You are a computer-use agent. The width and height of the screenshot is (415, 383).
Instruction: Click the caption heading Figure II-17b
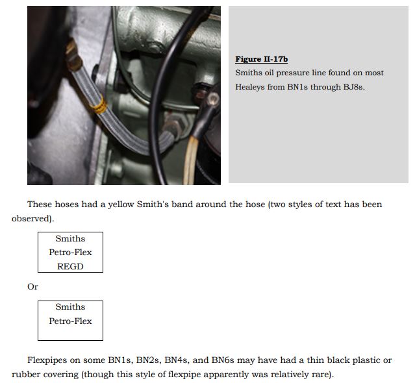(x=261, y=59)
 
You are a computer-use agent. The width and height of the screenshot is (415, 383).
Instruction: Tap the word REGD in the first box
(x=70, y=266)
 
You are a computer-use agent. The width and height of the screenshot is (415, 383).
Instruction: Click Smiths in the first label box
(x=70, y=238)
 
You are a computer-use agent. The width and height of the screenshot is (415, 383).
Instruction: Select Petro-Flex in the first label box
(x=70, y=253)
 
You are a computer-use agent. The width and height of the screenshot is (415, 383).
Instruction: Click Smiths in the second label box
(x=70, y=306)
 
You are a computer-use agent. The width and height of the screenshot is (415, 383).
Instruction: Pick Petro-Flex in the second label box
(x=70, y=321)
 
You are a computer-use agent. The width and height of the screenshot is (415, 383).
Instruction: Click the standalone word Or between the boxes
(x=32, y=286)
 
